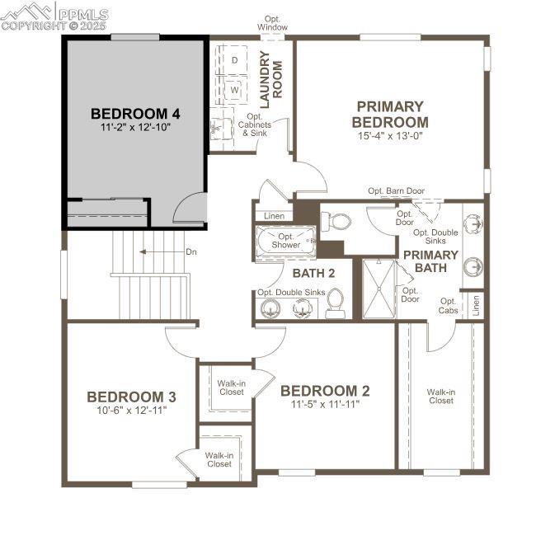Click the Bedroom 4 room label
click(135, 113)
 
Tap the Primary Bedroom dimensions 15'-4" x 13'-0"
click(391, 137)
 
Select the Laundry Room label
click(270, 75)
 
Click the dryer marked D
click(233, 60)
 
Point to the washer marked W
click(233, 88)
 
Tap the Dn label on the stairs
click(190, 252)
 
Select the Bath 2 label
click(313, 273)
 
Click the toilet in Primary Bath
click(336, 221)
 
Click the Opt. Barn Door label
click(396, 191)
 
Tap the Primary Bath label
click(430, 261)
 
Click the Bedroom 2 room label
click(324, 391)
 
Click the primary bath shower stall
click(379, 288)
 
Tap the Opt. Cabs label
click(448, 306)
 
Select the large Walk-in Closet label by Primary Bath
click(440, 396)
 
